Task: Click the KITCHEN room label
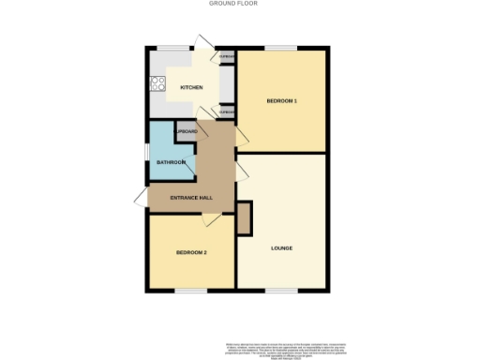point(191,88)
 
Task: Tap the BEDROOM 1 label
point(281,100)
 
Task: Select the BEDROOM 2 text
point(191,253)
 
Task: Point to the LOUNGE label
point(281,248)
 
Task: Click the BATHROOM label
point(171,162)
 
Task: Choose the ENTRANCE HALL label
point(191,198)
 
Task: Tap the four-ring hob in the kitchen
point(157,85)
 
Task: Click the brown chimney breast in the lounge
point(245,218)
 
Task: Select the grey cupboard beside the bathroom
point(186,132)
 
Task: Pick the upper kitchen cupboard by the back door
point(226,57)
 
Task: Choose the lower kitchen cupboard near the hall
point(226,112)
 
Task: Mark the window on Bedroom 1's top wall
point(280,48)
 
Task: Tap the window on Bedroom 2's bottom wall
point(190,292)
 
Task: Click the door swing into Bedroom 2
point(213,218)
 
